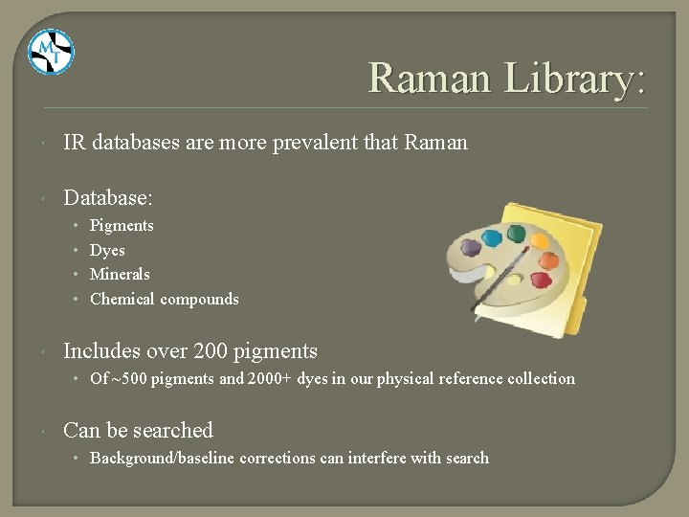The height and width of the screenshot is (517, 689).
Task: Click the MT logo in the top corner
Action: [50, 52]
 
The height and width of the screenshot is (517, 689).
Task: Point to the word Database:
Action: [108, 197]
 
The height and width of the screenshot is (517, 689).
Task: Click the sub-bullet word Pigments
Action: [122, 226]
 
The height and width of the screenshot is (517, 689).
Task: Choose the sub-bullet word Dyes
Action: [107, 250]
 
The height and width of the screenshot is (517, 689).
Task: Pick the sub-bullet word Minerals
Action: [120, 274]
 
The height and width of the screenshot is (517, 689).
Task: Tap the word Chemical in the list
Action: [122, 299]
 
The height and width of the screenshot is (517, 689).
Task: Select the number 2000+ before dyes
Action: [270, 378]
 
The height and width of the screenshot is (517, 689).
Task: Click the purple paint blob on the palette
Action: [470, 248]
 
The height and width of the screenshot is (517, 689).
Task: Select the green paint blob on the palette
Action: [517, 233]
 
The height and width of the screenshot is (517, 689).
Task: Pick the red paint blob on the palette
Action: [541, 280]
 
